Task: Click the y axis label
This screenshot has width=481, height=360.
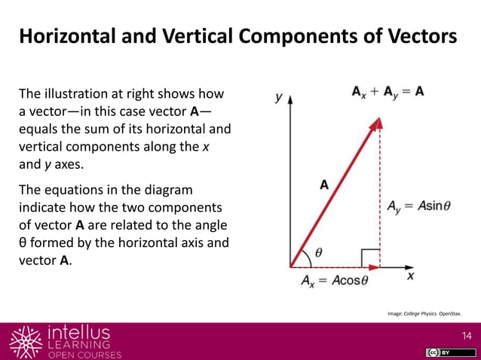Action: point(278,97)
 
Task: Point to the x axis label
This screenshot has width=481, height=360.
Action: point(412,276)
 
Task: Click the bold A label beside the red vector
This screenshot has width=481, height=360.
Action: point(324,184)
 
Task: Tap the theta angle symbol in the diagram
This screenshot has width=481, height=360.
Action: point(318,252)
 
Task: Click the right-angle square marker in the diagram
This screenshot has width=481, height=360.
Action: point(370,258)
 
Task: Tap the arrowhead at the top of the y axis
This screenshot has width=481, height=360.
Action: point(290,99)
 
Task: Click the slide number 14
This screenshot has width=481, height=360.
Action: point(464,334)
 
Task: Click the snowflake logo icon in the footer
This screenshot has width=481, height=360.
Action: point(25,341)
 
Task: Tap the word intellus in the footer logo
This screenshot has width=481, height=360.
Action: point(78,332)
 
